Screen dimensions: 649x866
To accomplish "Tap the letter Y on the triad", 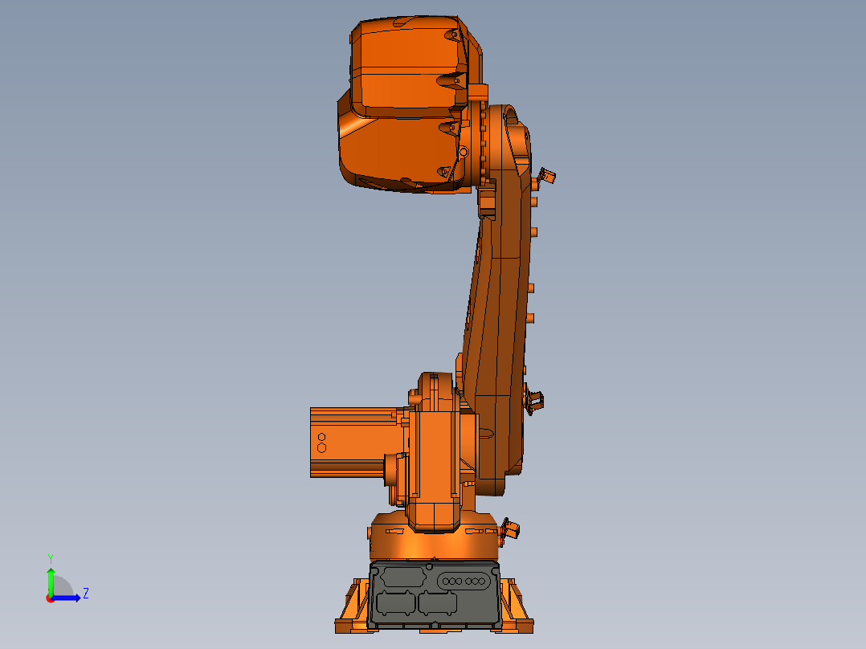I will [x=51, y=557].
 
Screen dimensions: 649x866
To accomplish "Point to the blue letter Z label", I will [x=85, y=594].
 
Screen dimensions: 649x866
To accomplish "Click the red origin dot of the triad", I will [x=51, y=598].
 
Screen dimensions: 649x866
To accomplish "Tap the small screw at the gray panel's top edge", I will [x=434, y=564].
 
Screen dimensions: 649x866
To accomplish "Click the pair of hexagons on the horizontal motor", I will [x=321, y=443].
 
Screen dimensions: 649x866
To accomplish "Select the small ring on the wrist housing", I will [x=464, y=151].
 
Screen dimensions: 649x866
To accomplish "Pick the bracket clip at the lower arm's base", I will [x=534, y=398].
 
